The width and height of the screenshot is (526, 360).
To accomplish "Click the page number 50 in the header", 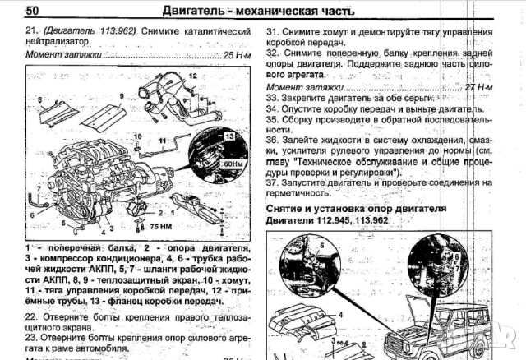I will tap(32, 10).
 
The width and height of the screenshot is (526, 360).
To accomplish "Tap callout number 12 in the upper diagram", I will tap(191, 75).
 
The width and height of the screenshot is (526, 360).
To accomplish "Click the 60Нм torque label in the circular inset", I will tap(228, 165).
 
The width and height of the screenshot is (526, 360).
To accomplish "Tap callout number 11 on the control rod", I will tap(163, 141).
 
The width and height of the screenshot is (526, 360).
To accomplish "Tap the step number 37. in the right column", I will tap(274, 182).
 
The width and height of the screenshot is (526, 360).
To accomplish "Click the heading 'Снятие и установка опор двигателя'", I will tap(357, 210).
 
